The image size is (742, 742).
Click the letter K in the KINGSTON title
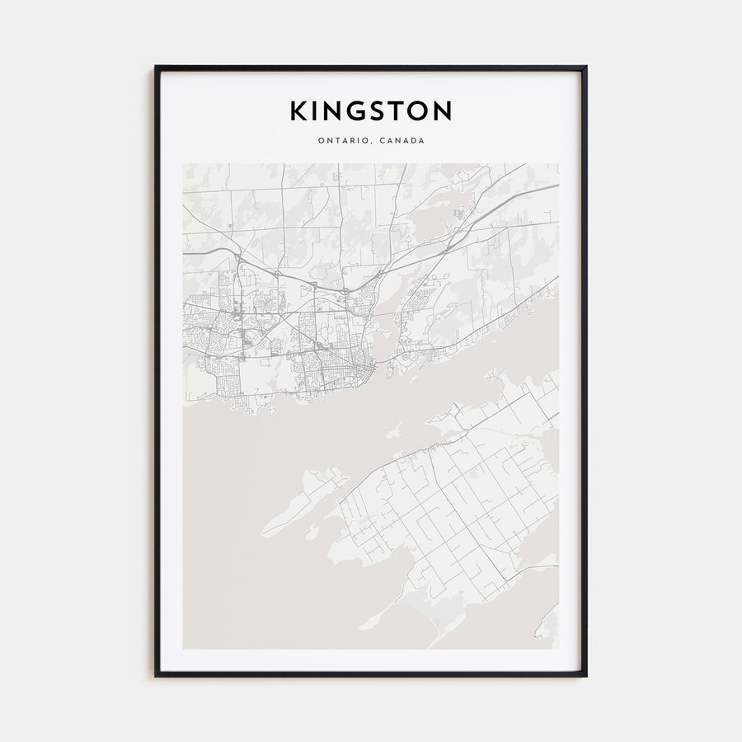coord(298,110)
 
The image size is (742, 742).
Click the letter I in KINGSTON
coord(316,110)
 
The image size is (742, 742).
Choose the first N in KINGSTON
coord(333,110)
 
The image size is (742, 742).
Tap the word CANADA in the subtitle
coord(402,141)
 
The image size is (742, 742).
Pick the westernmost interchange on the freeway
coord(236,258)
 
